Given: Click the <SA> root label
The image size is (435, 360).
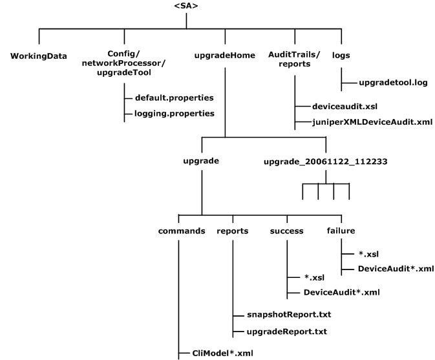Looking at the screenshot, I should tap(186, 6).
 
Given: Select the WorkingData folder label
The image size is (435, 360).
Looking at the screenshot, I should tap(39, 54).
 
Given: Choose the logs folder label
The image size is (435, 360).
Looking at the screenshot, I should tap(341, 54).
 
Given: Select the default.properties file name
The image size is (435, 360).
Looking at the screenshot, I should tap(174, 98).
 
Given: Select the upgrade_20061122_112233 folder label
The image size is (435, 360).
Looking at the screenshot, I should tap(325, 160).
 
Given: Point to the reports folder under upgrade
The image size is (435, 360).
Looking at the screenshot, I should tap(232, 231).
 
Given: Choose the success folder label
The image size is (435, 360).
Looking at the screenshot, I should tap(286, 231).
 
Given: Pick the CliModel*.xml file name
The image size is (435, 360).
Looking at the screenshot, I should tap(218, 353).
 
